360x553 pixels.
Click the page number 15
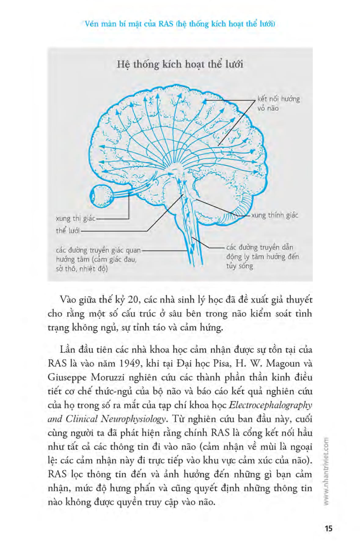pos(328,528)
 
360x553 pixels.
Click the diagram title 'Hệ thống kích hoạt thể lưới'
pos(180,64)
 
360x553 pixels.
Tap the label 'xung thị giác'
pos(75,218)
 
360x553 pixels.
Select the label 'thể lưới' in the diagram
pos(68,231)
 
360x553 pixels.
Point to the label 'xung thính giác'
pos(274,215)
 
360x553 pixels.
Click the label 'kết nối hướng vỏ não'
pos(278,103)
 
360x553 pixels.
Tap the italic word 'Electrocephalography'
pos(270,405)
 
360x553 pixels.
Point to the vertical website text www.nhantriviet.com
pos(326,471)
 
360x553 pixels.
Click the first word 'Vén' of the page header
pos(92,24)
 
